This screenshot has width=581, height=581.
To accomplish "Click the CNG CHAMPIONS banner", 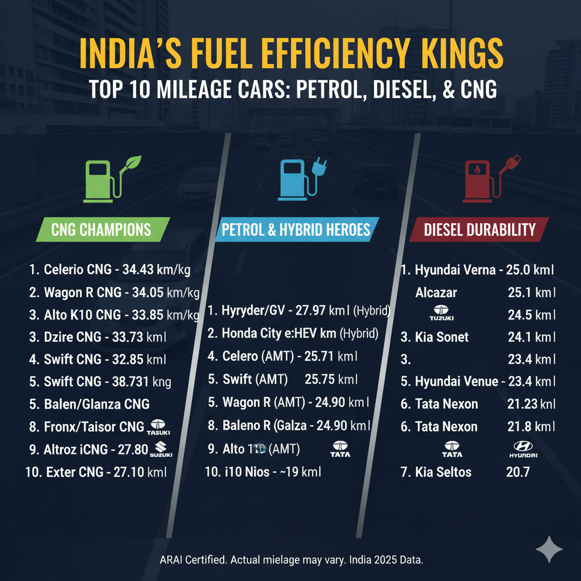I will tap(102, 230).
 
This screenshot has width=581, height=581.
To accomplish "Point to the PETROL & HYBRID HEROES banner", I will tap(296, 230).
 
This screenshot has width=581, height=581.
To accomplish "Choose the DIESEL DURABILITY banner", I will tap(479, 229).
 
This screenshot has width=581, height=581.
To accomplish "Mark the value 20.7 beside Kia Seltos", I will tap(517, 472).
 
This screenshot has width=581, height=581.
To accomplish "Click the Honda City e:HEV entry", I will tap(267, 333).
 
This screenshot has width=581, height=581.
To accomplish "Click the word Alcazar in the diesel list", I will tap(436, 293).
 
